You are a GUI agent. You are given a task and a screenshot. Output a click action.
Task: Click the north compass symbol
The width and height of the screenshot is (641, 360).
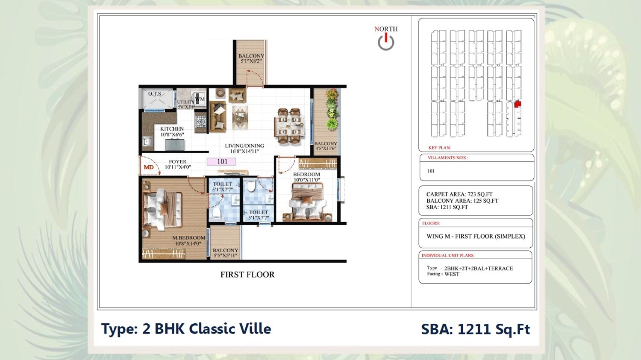[x=386, y=42]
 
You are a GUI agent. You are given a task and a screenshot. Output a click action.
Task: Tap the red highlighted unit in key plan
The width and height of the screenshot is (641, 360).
[x=518, y=103]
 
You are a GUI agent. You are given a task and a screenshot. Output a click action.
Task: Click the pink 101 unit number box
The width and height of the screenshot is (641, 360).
[x=221, y=161]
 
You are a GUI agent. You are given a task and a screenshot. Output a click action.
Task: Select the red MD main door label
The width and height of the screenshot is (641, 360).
[x=148, y=167]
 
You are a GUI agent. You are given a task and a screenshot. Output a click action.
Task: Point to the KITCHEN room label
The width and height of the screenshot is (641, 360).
[x=172, y=129]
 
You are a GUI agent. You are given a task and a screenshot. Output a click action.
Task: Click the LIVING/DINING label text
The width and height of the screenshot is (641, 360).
[x=244, y=146]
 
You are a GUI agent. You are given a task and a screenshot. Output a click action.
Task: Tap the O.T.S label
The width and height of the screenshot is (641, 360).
[x=155, y=94]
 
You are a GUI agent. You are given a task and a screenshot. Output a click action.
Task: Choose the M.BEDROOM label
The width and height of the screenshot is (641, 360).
[x=188, y=238]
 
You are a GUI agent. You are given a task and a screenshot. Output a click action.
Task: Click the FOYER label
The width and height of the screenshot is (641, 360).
[x=177, y=162]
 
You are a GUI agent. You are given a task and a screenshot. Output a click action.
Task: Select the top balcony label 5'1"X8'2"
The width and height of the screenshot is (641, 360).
[x=251, y=59]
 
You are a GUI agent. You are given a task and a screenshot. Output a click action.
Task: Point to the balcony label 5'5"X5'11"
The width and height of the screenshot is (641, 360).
[x=225, y=253]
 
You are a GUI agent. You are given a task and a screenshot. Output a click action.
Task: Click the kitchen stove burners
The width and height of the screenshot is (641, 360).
[x=201, y=122]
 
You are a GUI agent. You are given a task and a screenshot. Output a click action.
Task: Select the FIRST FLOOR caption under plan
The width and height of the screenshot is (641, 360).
[x=247, y=275]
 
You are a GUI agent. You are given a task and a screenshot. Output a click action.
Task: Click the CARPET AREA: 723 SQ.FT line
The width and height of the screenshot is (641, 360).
[x=459, y=194]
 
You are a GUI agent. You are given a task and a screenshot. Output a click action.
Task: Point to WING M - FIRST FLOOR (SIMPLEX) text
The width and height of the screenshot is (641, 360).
[x=476, y=236]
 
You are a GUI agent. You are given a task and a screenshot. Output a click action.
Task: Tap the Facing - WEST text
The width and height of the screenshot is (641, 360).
[x=443, y=274]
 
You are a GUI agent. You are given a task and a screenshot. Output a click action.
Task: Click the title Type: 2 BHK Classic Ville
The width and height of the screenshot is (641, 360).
[x=186, y=329]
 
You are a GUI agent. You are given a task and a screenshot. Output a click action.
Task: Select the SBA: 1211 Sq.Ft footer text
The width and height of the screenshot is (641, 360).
[x=475, y=329]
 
